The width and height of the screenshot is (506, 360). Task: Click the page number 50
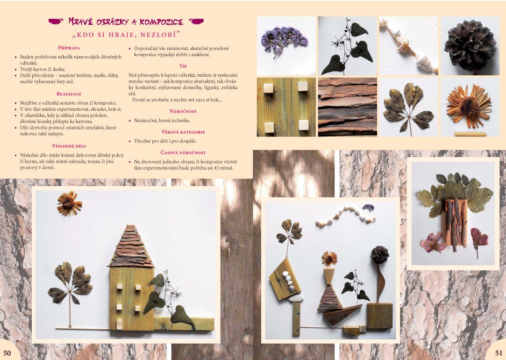(x=7, y=353)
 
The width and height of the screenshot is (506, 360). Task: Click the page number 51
(x=499, y=353)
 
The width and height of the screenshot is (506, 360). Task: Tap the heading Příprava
(x=69, y=48)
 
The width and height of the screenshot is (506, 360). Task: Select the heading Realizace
(x=69, y=94)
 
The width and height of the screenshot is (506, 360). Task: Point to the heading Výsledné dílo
(x=69, y=146)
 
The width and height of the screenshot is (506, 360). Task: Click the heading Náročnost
(x=183, y=111)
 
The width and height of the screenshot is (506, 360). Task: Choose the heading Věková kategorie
(x=183, y=132)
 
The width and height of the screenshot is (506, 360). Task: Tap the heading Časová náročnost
(x=183, y=153)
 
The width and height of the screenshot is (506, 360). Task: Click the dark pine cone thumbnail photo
(x=470, y=46)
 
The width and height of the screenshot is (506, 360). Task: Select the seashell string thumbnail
(x=408, y=46)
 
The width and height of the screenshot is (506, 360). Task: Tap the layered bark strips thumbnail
(x=348, y=107)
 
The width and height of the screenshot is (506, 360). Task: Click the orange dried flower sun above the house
(x=69, y=203)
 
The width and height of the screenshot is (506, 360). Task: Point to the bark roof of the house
(x=131, y=246)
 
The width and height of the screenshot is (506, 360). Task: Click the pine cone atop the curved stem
(x=379, y=255)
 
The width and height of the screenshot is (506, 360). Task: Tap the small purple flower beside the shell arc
(x=368, y=207)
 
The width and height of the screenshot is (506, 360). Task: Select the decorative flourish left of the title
(x=56, y=22)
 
